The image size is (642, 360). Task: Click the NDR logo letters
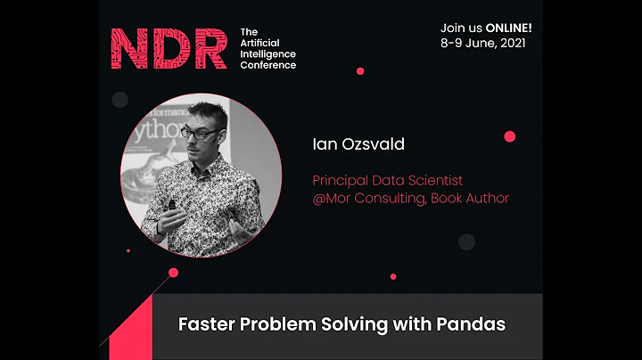pyautogui.click(x=169, y=49)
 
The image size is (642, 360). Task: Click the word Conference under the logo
pyautogui.click(x=268, y=65)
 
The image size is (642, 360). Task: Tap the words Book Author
pyautogui.click(x=470, y=198)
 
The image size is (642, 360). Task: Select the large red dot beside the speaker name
pyautogui.click(x=510, y=136)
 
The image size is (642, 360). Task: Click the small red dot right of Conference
pyautogui.click(x=360, y=71)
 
